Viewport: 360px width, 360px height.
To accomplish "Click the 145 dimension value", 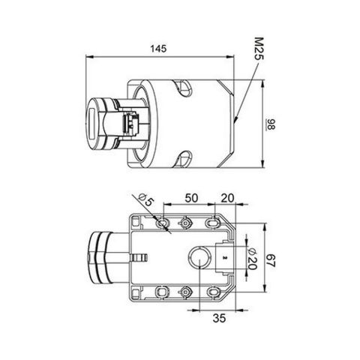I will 158,48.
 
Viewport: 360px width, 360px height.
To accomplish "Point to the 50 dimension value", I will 190,198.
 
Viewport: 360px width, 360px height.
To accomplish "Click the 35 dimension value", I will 220,318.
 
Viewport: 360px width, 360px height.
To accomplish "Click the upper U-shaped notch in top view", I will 182,90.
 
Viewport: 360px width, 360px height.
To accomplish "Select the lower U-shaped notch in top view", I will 182,158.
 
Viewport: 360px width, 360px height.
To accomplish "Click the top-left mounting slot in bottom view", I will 162,223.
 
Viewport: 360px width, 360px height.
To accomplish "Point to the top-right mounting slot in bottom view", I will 211,223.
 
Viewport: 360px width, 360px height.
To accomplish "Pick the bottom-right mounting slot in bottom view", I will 211,292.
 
